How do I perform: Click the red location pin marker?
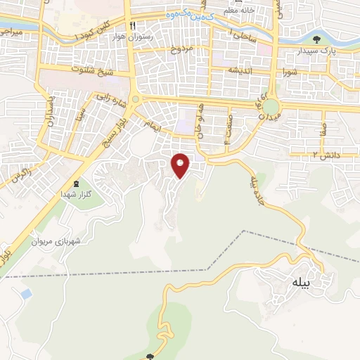[x=181, y=165]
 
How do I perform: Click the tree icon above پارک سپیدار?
[x=317, y=39]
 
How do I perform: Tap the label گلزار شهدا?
[x=76, y=193]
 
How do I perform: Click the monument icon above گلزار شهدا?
[x=76, y=182]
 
